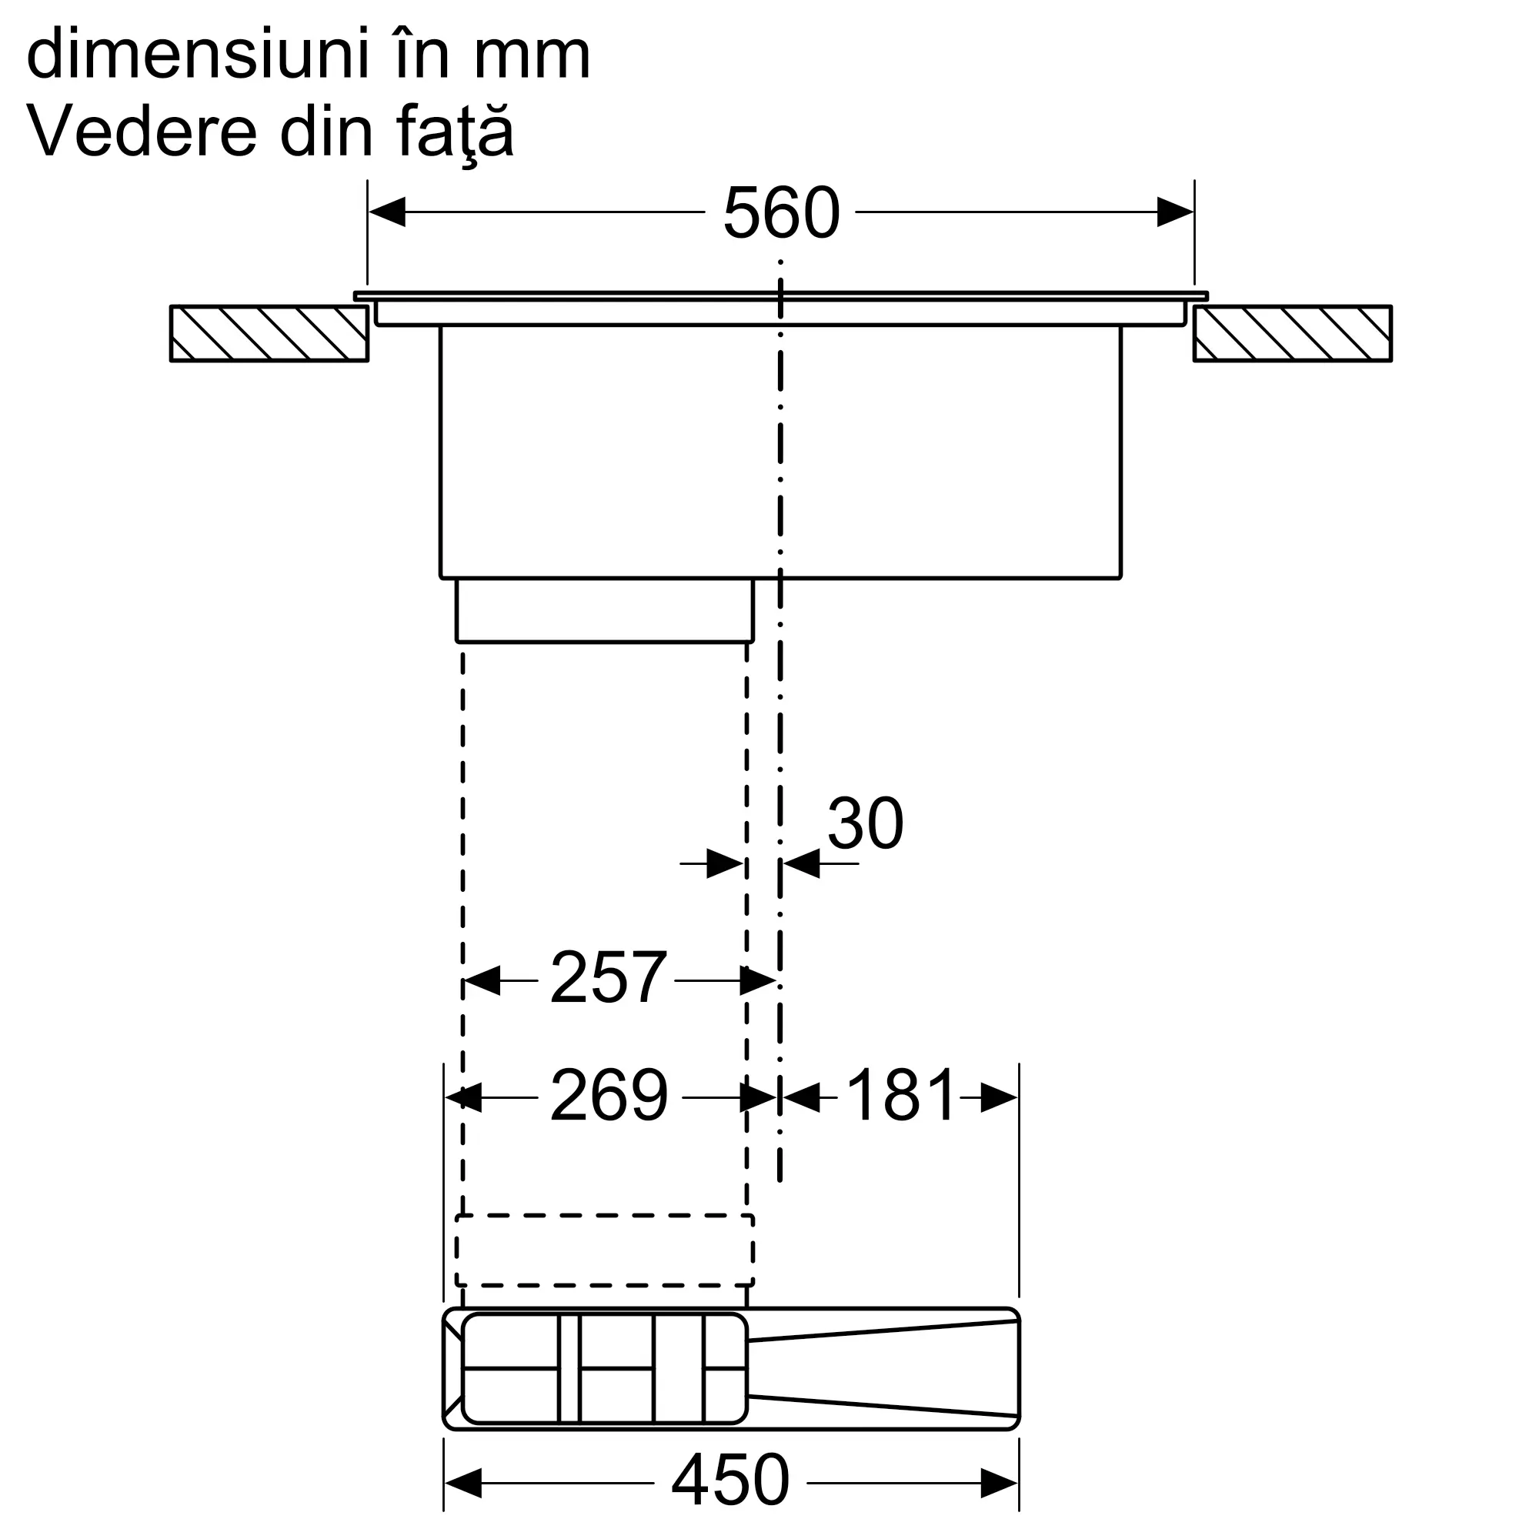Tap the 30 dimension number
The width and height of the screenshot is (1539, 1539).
(865, 823)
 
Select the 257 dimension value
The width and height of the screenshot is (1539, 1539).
(608, 977)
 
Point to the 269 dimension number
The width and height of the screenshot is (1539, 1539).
(609, 1095)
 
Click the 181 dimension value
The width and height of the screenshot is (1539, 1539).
(900, 1095)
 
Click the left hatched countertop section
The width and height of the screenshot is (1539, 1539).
(269, 334)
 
